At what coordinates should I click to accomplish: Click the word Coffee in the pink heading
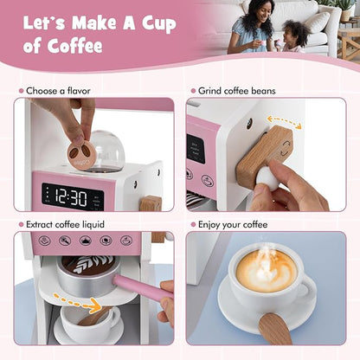[x=74, y=46]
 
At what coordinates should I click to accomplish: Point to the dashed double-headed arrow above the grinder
[x=284, y=122]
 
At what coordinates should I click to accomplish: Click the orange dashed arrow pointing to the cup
[x=77, y=302]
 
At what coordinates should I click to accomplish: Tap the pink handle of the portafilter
[x=141, y=287]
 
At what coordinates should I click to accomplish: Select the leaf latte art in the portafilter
[x=89, y=265]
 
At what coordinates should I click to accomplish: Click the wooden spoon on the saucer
[x=274, y=329]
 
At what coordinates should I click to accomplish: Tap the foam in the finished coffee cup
[x=266, y=270]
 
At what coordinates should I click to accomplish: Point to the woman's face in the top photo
[x=262, y=13]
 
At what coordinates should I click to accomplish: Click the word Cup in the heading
[x=159, y=24]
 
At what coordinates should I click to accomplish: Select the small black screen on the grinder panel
[x=196, y=149]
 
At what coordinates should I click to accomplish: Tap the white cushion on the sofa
[x=316, y=22]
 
